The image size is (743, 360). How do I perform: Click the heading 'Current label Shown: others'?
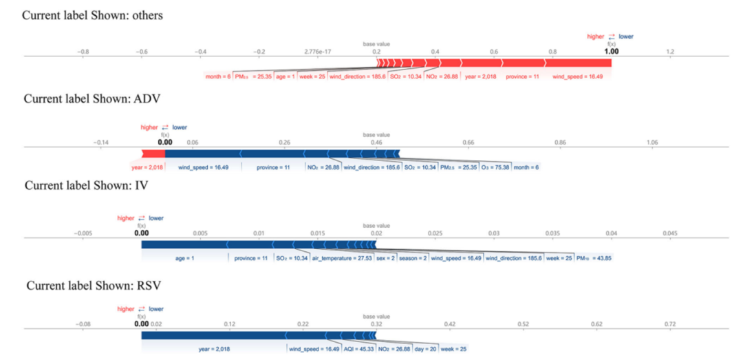(93, 15)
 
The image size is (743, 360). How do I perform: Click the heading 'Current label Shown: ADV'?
(92, 98)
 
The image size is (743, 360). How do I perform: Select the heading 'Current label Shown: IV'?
(86, 185)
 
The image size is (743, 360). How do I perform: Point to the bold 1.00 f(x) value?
(611, 52)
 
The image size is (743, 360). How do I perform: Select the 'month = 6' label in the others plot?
(218, 76)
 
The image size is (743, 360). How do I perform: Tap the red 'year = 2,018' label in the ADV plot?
(146, 167)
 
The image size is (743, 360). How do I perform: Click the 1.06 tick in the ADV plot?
(652, 142)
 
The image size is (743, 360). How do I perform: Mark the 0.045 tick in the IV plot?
(670, 233)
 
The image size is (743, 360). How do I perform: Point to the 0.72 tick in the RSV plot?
(670, 324)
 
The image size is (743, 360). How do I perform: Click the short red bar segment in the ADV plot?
(153, 153)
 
